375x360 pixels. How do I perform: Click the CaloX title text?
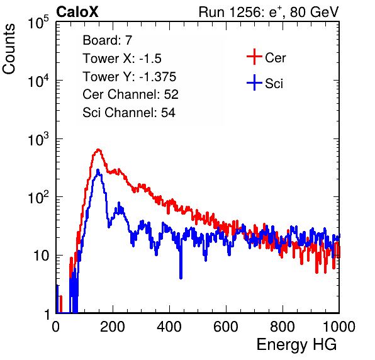coord(77,12)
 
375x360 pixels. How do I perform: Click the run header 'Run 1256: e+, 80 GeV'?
coord(269,12)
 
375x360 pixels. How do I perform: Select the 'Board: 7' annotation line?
coord(107,40)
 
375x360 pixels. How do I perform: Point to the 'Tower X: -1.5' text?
coord(122,59)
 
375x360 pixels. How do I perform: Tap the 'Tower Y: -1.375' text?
coord(130,77)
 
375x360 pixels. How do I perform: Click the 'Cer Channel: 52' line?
coord(131,94)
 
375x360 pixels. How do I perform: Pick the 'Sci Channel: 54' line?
coord(129,113)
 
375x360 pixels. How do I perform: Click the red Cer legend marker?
coord(254,57)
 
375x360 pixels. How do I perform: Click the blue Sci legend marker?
coord(254,83)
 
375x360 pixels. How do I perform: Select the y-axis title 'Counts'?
coord(9,49)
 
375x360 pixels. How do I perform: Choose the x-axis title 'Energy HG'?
coord(296,345)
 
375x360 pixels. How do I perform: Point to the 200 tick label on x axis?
coord(113,327)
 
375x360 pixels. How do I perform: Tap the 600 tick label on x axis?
coord(226,327)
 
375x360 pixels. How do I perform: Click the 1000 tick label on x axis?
coord(339,327)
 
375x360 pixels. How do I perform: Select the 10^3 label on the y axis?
coord(38,138)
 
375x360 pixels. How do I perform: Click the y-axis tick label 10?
coord(41,256)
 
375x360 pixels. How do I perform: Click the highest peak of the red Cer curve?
coord(98,150)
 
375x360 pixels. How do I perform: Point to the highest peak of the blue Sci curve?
coord(98,170)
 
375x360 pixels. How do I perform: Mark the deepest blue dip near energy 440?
coord(181,278)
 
